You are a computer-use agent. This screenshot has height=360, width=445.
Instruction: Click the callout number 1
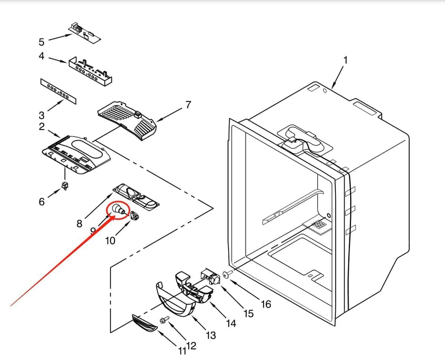tap(345, 60)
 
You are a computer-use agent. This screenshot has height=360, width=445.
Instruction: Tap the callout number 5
tap(42, 42)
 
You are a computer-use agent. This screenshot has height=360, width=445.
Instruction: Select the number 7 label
tap(188, 105)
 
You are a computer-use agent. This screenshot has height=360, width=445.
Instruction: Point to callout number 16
tap(266, 304)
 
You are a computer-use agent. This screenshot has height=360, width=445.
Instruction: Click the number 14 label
tap(231, 323)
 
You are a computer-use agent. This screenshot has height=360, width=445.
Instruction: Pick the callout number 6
tap(42, 202)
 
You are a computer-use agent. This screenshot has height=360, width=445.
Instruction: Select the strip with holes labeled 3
tap(58, 91)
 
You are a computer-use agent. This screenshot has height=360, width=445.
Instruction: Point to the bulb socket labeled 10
tap(134, 216)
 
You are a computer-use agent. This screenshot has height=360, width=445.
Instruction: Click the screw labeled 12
tap(164, 319)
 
